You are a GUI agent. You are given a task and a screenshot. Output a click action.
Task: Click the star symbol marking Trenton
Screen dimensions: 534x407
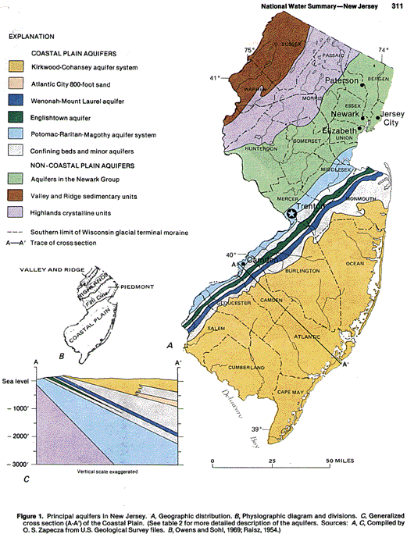pyautogui.click(x=292, y=213)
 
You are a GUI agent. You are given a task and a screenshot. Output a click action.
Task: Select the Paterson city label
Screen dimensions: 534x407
pyautogui.click(x=338, y=80)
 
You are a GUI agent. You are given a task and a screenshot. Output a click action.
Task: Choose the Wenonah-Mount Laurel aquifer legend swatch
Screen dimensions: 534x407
pyautogui.click(x=15, y=100)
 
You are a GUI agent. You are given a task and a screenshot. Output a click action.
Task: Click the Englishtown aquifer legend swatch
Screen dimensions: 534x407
pyautogui.click(x=15, y=117)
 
